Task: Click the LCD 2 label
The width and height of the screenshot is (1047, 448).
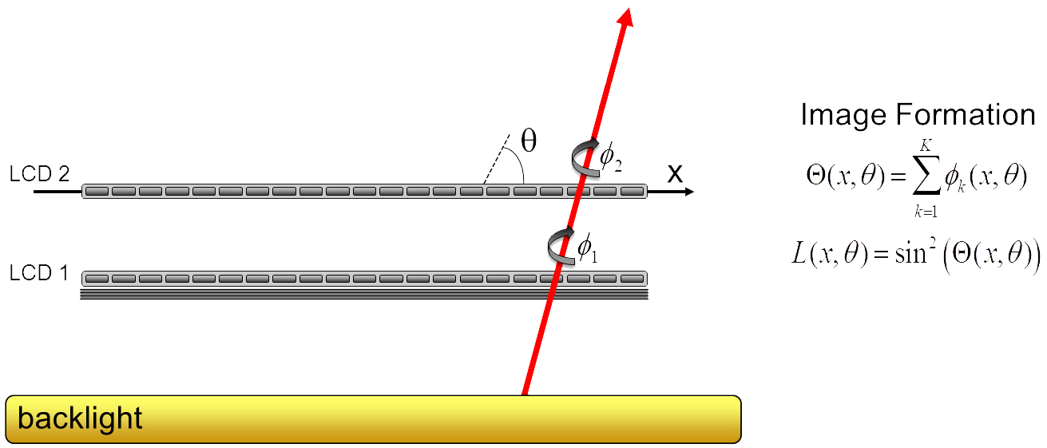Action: (x=39, y=173)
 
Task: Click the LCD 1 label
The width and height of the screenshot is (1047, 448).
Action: (x=39, y=273)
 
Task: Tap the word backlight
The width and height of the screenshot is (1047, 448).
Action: (x=80, y=418)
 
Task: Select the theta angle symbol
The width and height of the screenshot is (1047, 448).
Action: (x=529, y=141)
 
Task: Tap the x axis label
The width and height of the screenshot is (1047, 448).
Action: (x=676, y=173)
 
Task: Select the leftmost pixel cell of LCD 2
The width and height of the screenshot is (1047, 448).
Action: (x=96, y=192)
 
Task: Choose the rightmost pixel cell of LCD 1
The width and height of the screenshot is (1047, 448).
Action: (x=632, y=279)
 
